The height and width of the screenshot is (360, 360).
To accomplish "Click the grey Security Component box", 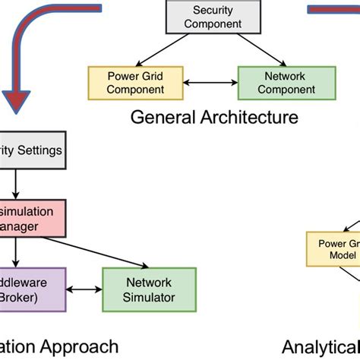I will click(207, 17).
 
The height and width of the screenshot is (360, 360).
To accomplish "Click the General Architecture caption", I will click(214, 117).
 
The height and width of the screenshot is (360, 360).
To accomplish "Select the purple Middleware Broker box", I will click(30, 289).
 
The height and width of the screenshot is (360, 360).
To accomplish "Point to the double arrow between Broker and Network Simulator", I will click(84, 289).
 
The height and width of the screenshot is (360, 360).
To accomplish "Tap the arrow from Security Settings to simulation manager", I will click(14, 185).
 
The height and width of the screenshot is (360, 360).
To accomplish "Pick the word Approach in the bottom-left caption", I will click(84, 347).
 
